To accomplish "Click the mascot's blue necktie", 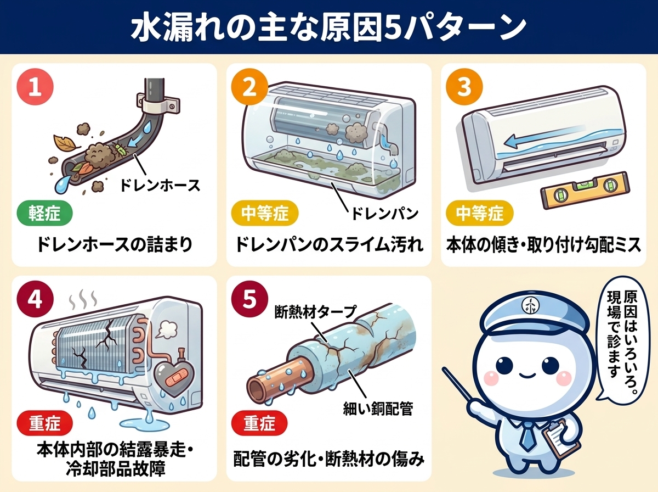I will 528,434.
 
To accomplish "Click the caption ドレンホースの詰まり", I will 115,244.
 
